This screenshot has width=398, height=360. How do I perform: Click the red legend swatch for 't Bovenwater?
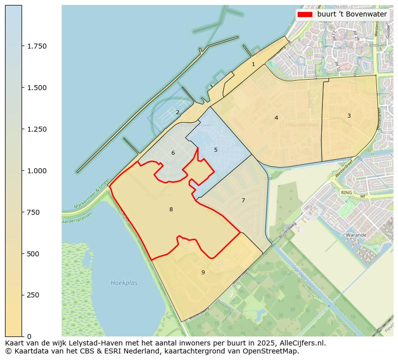[304, 15]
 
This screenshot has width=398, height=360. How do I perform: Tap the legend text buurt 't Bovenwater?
[352, 15]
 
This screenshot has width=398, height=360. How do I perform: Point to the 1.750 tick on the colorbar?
[37, 46]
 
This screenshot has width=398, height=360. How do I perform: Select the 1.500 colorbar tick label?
[37, 88]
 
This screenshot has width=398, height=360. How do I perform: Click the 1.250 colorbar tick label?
[37, 129]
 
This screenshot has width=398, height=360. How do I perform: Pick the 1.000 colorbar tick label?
[37, 171]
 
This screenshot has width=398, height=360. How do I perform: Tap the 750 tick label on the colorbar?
[33, 212]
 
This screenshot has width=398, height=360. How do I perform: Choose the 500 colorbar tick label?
[33, 254]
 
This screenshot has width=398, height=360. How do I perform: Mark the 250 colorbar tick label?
[33, 295]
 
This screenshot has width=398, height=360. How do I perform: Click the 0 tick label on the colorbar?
[29, 336]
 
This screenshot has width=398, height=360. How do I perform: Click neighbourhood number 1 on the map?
[253, 64]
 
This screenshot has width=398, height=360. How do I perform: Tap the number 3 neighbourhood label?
[349, 116]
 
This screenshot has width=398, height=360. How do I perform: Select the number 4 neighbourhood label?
[276, 118]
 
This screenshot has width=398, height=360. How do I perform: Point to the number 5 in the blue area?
[216, 150]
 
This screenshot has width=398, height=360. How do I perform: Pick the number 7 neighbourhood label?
[243, 200]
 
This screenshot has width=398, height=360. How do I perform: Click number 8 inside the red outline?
[171, 209]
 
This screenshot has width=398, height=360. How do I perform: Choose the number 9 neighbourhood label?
[203, 272]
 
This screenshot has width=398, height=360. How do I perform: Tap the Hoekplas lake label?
[124, 283]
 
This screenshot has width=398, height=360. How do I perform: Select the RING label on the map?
[346, 192]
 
